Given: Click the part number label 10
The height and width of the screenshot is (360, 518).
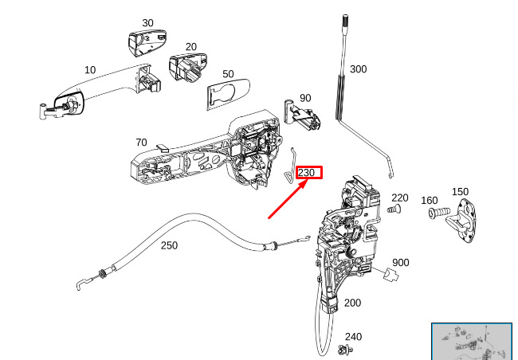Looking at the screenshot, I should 90,70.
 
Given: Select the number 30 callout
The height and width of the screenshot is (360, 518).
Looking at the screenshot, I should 147,23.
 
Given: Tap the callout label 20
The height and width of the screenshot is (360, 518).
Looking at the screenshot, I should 190,47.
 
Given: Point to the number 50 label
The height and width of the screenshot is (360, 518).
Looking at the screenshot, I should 228,74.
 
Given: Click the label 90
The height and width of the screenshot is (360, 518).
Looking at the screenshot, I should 305,98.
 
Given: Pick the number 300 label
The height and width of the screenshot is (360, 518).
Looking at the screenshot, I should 359,69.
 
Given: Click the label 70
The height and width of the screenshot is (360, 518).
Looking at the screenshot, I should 141,143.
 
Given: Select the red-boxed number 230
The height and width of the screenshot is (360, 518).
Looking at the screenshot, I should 308,172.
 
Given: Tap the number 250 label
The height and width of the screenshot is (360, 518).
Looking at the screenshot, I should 169,245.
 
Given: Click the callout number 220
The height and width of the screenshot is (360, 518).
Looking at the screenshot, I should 400,198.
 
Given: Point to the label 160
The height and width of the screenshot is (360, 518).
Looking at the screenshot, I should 430,200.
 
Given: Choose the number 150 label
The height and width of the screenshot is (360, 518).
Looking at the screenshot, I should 460,191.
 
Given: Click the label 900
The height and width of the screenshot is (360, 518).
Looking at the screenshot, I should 401,262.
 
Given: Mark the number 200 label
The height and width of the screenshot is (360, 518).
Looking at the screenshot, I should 352,303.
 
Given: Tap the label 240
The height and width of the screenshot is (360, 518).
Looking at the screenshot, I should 353,336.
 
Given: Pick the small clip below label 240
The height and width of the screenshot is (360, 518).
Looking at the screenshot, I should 347,350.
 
